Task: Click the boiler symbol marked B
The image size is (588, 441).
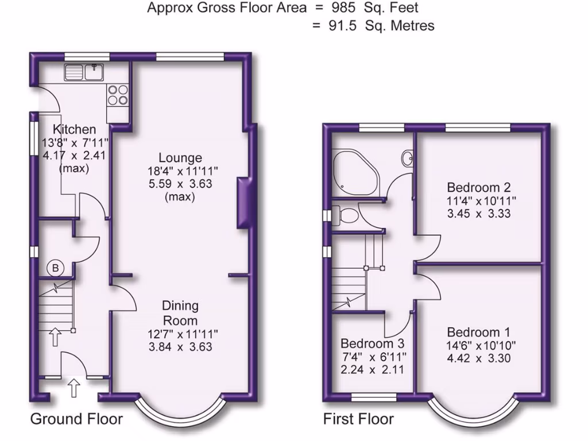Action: [x=56, y=268]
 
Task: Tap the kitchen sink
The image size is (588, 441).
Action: [x=83, y=72]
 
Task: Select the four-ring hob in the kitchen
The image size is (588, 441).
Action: [x=118, y=95]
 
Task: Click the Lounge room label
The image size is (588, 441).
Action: [x=180, y=158]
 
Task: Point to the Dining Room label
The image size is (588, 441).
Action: [x=180, y=313]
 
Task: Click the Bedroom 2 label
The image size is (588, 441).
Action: [x=479, y=187]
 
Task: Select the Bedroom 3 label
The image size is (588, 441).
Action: [x=372, y=343]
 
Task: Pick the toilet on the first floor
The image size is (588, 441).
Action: [x=346, y=215]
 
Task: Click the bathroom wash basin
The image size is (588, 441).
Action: [x=407, y=157]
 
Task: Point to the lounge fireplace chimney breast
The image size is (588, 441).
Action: [x=243, y=204]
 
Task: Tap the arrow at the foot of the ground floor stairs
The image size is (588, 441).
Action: [x=55, y=336]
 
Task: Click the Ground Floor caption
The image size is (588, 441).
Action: [x=76, y=419]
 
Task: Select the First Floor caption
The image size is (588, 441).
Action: [x=358, y=419]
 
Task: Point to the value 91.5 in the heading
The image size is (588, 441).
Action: [x=343, y=26]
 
